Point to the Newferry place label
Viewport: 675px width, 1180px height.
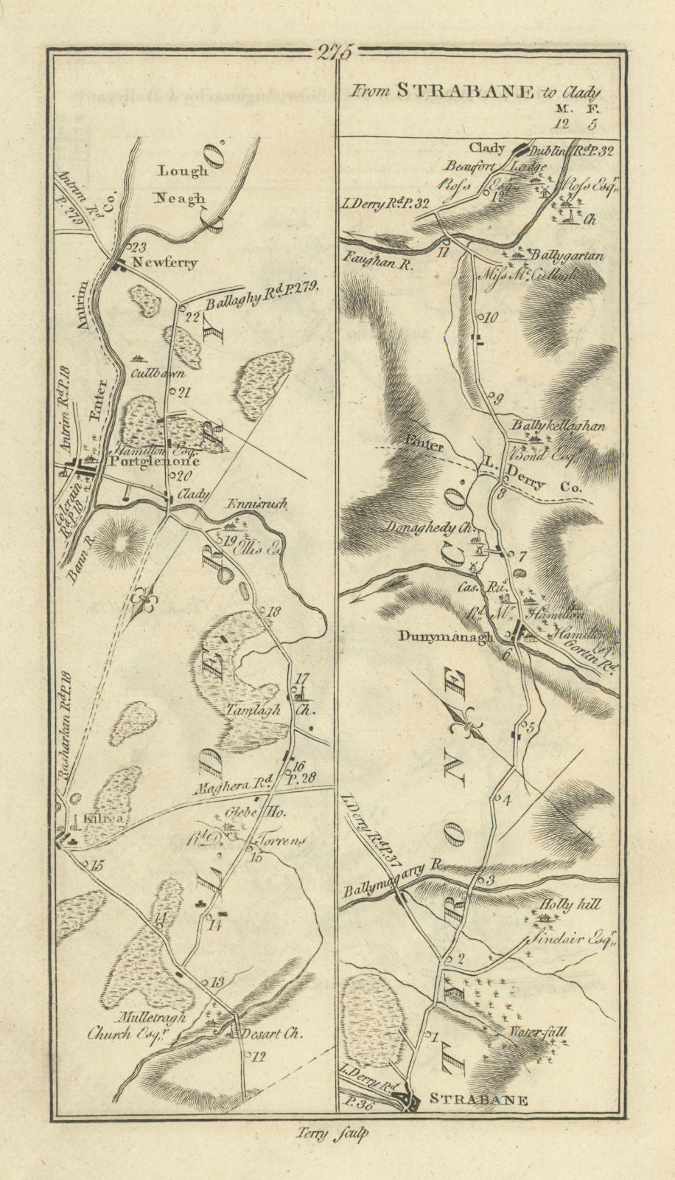[x=165, y=263]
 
